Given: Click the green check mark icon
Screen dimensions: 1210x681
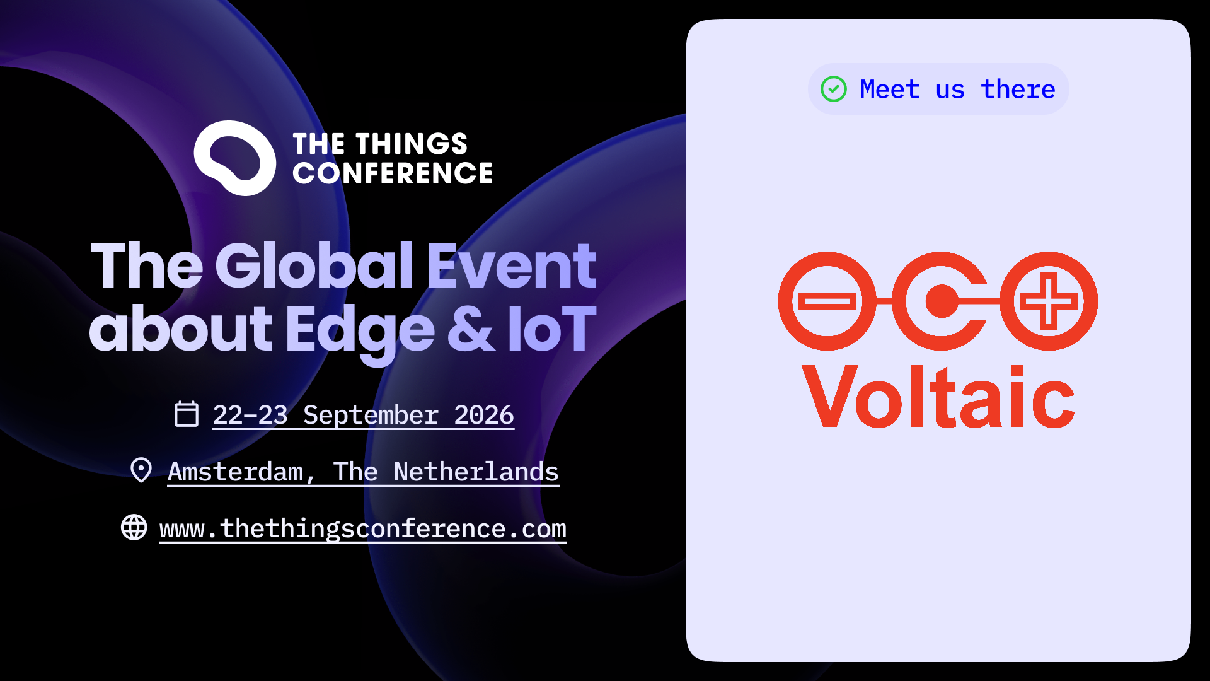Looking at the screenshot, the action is pos(833,89).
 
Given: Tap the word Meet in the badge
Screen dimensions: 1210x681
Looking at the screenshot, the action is pos(889,90).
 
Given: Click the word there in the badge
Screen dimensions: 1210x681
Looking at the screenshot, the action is pos(1018,90).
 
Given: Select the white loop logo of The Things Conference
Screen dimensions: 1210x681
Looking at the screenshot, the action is pos(234,158).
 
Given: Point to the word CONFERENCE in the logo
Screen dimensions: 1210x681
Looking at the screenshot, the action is pos(392,173).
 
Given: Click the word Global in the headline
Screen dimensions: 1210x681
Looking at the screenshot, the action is pos(314,265).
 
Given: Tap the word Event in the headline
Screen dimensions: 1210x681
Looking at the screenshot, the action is pos(511,265).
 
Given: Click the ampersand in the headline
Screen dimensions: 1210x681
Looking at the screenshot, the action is pos(471,329).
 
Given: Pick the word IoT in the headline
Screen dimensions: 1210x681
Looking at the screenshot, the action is pos(551,329).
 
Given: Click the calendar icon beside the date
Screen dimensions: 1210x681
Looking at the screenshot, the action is pos(186,414).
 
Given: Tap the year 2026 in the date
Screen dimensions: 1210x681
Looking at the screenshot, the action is pos(484,415).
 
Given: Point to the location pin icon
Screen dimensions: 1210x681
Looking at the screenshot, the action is pos(141,470).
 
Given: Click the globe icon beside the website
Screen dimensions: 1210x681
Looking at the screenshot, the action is pos(134,527).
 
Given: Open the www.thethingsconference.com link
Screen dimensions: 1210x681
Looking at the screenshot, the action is pos(363,528).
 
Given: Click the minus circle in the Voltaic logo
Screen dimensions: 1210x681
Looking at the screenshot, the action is pos(827,301).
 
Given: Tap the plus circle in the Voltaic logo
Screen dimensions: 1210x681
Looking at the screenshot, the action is pos(1049,301).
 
